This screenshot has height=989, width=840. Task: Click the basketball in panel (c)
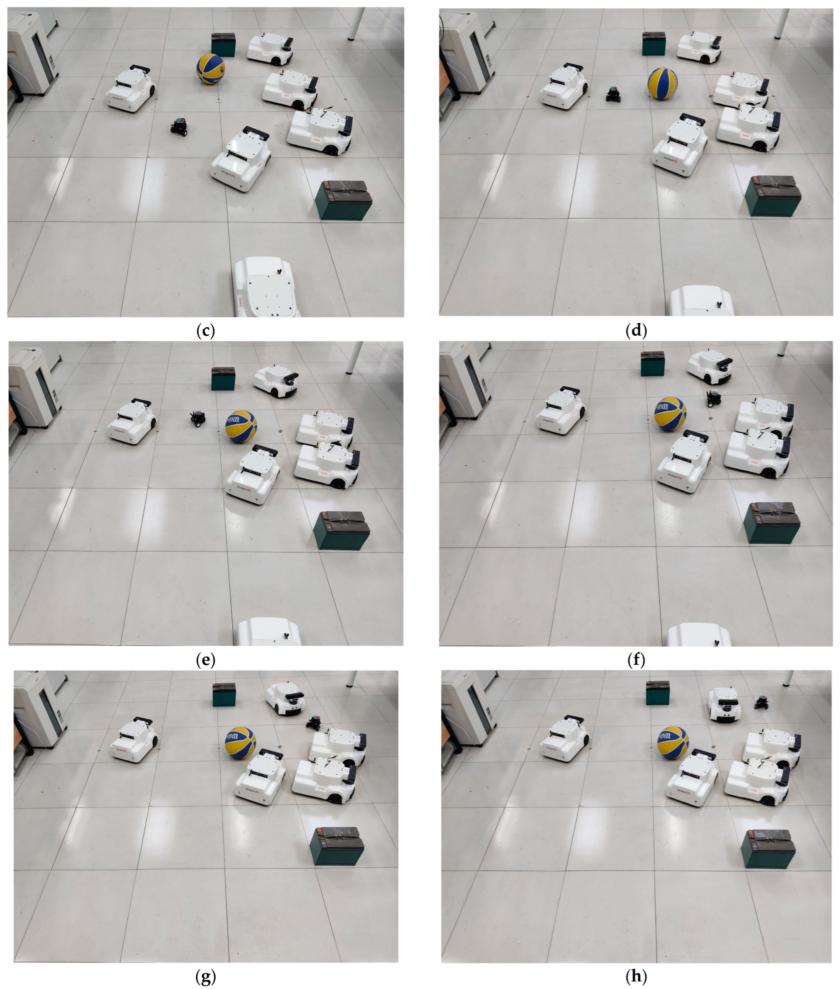(x=211, y=69)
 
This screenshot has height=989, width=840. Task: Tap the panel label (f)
(x=636, y=660)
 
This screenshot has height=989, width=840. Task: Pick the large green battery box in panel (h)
(x=768, y=847)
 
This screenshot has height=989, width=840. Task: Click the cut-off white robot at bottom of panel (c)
(x=267, y=288)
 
